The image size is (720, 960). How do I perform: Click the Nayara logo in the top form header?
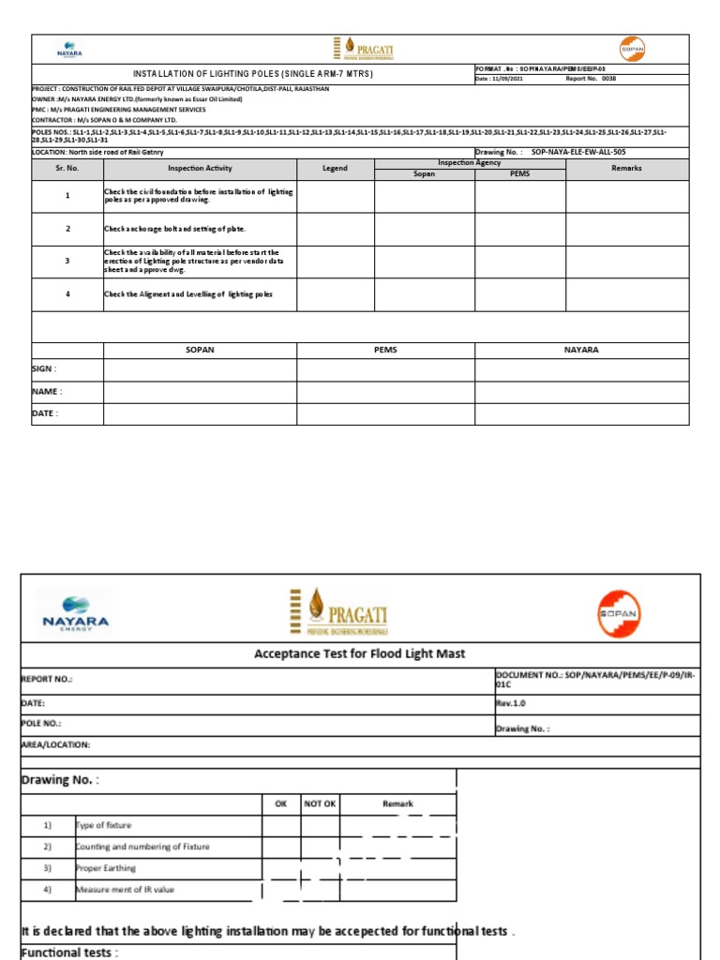(70, 49)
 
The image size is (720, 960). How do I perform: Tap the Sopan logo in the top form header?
(632, 49)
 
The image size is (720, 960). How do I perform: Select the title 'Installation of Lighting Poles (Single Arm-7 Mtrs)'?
(252, 73)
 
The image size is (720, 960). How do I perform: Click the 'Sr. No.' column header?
(67, 169)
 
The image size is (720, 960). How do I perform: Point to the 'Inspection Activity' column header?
(200, 169)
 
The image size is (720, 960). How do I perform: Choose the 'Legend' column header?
(335, 169)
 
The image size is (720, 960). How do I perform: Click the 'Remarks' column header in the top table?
(626, 169)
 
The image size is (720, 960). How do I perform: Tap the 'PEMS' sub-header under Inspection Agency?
(519, 173)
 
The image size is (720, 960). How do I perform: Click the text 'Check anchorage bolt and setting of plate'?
(174, 229)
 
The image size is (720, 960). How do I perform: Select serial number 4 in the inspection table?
(67, 293)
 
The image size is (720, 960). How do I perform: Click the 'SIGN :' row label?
(44, 369)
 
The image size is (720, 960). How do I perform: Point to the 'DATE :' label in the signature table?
(44, 413)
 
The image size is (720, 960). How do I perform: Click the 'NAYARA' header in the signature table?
(581, 350)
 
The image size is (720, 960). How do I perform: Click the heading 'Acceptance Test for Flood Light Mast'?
(359, 653)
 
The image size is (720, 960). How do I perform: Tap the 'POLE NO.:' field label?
(41, 725)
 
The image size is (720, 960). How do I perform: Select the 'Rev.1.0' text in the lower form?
(511, 702)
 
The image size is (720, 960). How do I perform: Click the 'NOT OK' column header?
(319, 803)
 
